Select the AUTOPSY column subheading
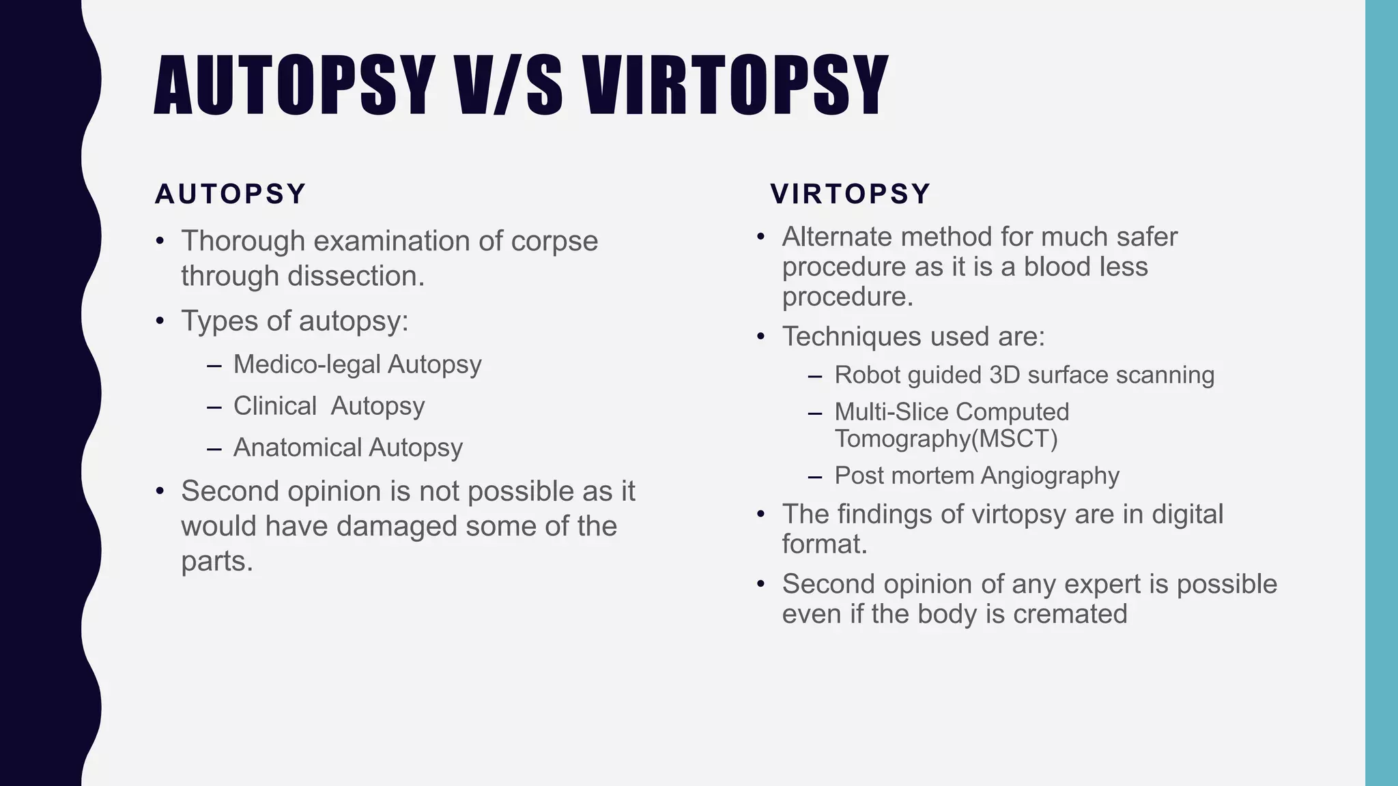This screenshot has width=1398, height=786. (231, 194)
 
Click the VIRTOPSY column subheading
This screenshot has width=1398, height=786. (851, 194)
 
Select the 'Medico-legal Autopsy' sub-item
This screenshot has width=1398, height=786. (357, 364)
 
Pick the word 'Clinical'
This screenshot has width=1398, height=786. (275, 406)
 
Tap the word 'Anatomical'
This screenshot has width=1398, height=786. (298, 448)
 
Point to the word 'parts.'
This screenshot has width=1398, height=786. (217, 561)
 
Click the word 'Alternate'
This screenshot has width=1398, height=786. (836, 237)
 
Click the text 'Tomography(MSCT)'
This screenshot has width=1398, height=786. (946, 439)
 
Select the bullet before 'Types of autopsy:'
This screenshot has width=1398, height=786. (160, 321)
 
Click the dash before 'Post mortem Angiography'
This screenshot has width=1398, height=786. (814, 476)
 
